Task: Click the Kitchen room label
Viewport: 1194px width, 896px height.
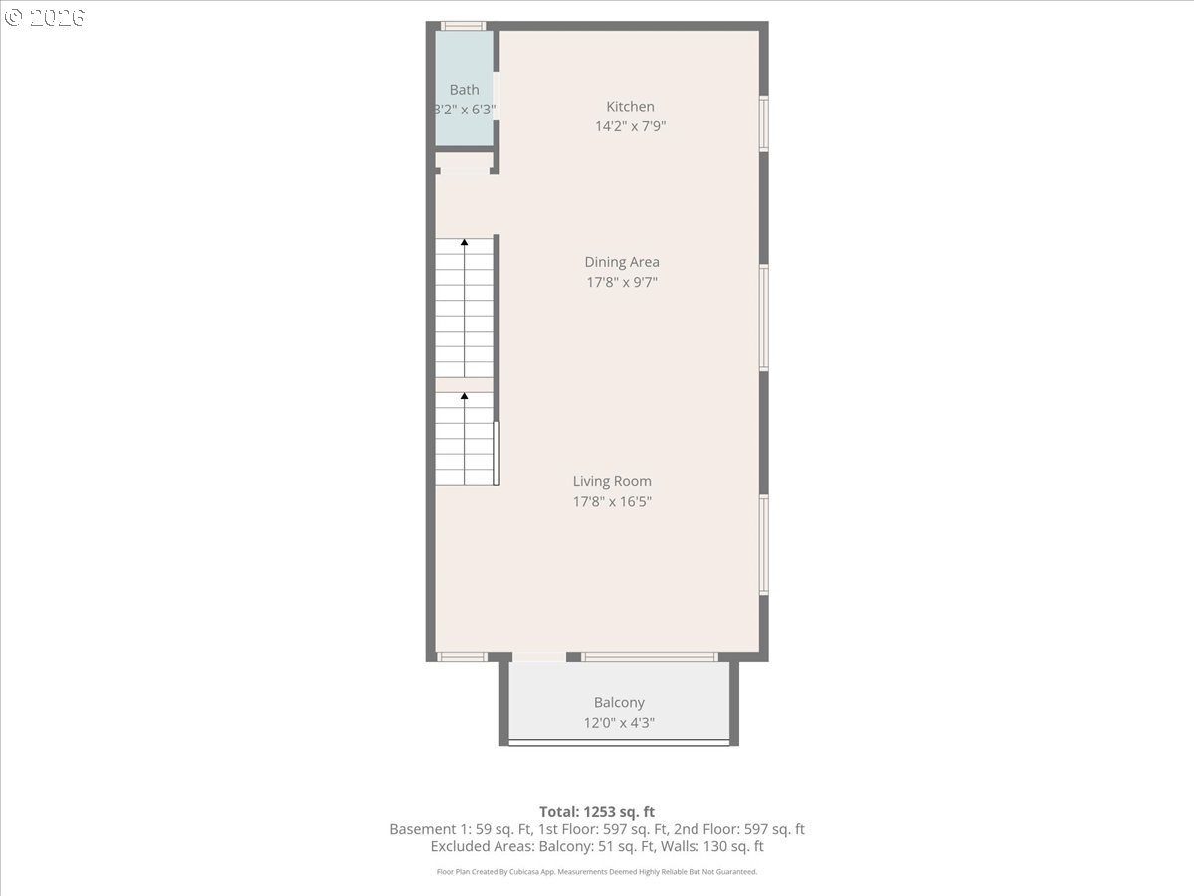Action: click(x=630, y=107)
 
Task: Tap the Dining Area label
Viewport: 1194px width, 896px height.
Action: click(x=622, y=262)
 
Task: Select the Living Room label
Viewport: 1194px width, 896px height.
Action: click(x=612, y=481)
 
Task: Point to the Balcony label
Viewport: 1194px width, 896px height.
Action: click(x=619, y=702)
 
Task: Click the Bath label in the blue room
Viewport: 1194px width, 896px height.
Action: click(x=464, y=90)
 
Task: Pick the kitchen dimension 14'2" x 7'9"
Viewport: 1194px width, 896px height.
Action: click(x=630, y=126)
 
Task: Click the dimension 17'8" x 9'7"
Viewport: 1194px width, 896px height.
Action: click(x=622, y=282)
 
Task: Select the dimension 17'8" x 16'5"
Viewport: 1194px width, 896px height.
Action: click(x=612, y=501)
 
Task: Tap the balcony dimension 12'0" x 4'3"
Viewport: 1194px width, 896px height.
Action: click(x=619, y=723)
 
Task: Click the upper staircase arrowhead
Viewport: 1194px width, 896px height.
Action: click(x=464, y=242)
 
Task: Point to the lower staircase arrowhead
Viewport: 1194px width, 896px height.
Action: click(x=464, y=396)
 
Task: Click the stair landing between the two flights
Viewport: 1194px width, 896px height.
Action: click(x=464, y=385)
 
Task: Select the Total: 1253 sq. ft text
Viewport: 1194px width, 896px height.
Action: click(x=597, y=812)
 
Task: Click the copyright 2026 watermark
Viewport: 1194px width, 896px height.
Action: click(x=44, y=17)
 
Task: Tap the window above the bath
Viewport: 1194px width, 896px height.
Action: click(x=463, y=26)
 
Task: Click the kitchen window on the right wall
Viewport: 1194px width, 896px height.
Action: click(x=764, y=123)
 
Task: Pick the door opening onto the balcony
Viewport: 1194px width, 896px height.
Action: click(x=539, y=657)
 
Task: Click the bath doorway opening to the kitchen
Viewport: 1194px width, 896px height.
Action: click(x=497, y=96)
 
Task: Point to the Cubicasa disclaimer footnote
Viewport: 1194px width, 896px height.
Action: click(x=597, y=871)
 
